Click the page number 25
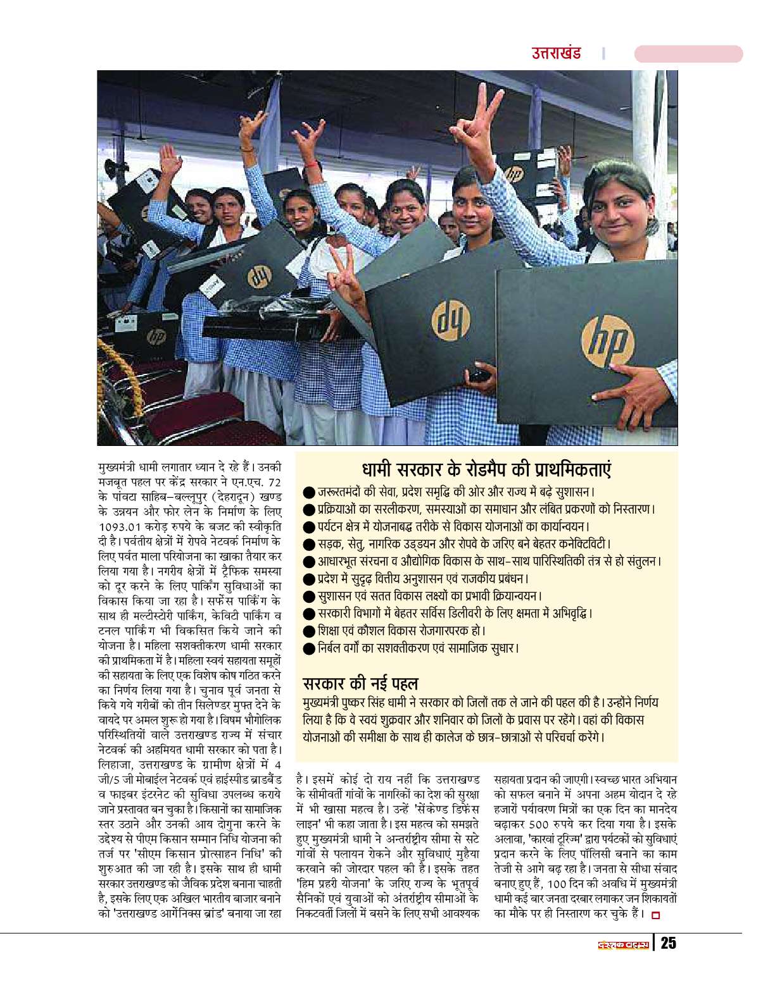pyautogui.click(x=668, y=943)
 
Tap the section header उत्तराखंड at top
pyautogui.click(x=556, y=54)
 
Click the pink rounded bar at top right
pyautogui.click(x=688, y=54)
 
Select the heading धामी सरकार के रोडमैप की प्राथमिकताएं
pyautogui.click(x=486, y=471)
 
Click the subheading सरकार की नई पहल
pyautogui.click(x=360, y=683)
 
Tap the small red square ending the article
pyautogui.click(x=655, y=914)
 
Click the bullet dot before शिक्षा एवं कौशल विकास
pyautogui.click(x=309, y=631)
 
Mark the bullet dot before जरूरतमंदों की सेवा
pyautogui.click(x=309, y=492)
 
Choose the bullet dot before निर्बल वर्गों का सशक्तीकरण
pyautogui.click(x=309, y=648)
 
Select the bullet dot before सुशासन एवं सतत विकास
pyautogui.click(x=309, y=596)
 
